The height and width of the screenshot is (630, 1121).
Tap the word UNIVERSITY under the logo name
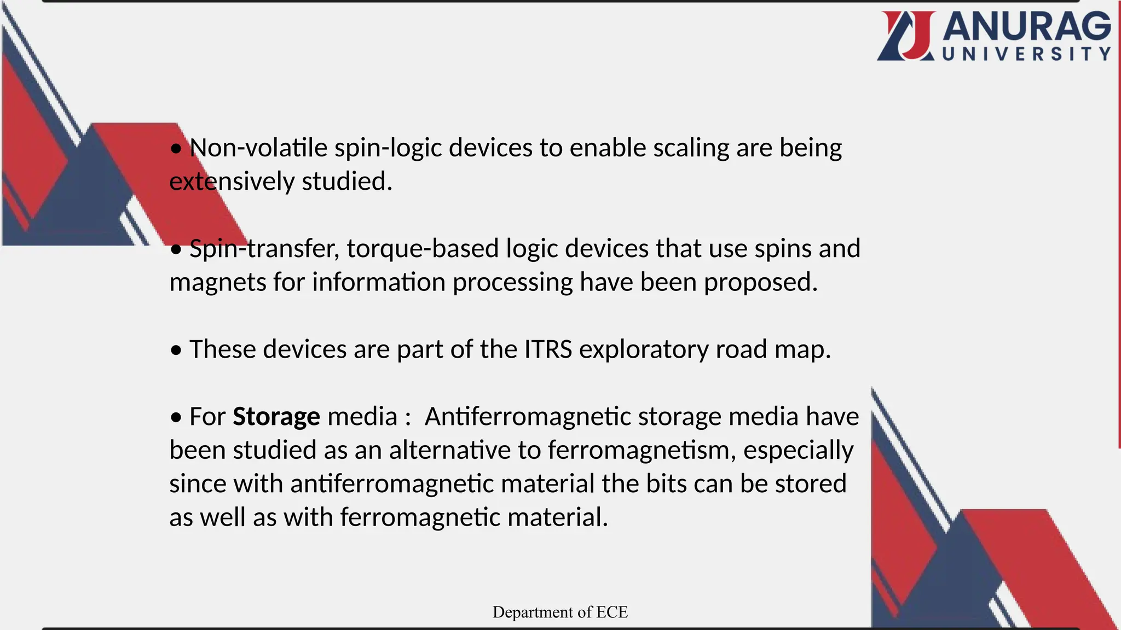click(1026, 54)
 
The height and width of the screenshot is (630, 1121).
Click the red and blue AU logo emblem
click(906, 36)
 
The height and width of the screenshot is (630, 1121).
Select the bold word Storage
click(276, 417)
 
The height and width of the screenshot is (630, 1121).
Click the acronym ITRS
click(548, 349)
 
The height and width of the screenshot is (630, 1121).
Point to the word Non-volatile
click(258, 148)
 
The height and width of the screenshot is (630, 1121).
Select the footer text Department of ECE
click(560, 612)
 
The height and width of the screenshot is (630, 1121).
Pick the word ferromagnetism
click(642, 451)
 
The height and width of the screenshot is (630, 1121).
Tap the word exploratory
click(644, 349)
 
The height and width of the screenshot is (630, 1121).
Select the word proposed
click(760, 283)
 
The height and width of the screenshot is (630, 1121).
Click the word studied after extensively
click(346, 182)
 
